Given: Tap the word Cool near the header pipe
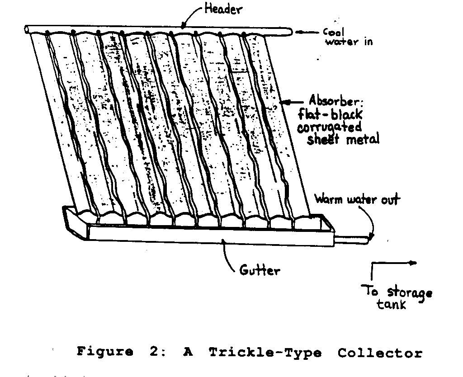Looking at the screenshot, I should pos(335,32).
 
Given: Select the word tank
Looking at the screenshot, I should pos(392,304).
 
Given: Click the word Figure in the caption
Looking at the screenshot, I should pos(104,352).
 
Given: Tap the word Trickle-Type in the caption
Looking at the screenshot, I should pos(265,352).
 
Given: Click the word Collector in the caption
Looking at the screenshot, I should pos(380,353).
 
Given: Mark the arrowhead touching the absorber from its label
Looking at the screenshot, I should pos(283,102).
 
